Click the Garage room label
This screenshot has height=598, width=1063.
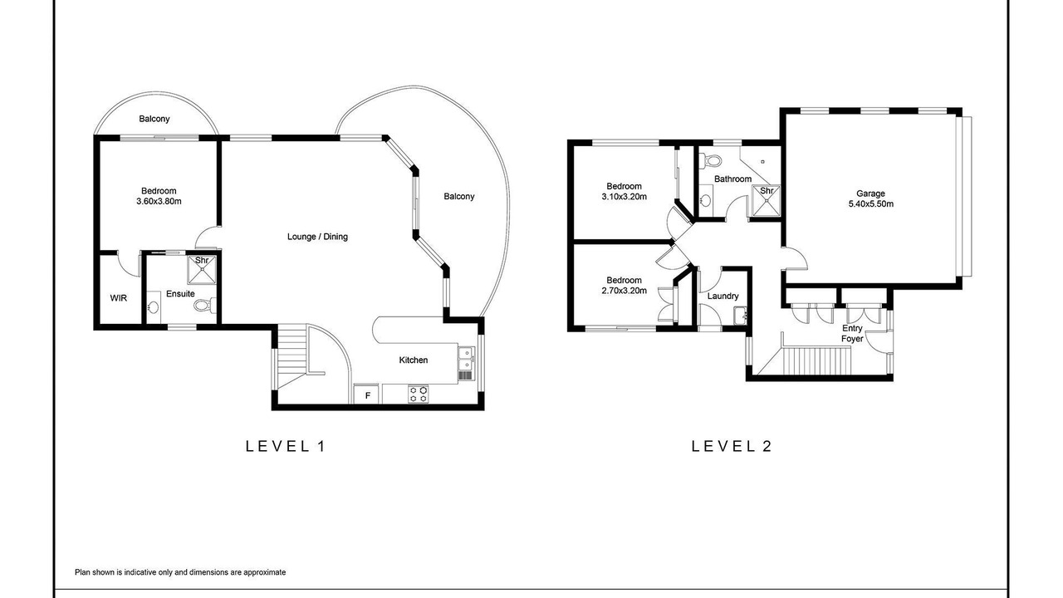(x=870, y=194)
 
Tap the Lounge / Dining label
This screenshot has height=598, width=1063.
(x=317, y=237)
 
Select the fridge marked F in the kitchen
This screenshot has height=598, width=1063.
(x=367, y=395)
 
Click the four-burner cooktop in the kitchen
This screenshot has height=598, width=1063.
(x=418, y=395)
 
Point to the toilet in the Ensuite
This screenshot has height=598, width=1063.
(x=205, y=305)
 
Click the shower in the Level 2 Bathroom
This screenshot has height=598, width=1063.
(x=766, y=201)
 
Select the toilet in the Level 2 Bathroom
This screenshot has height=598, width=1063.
(x=711, y=161)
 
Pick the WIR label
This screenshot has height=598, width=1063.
(x=119, y=298)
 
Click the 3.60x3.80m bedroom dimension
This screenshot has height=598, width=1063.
(x=159, y=201)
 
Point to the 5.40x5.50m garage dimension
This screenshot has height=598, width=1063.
(x=871, y=204)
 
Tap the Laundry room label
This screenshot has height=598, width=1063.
(x=723, y=297)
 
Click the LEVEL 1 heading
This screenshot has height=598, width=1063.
(x=285, y=446)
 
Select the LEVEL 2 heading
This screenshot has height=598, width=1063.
(x=732, y=446)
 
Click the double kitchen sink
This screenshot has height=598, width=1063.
(x=466, y=358)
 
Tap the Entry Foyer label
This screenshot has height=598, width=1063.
(x=852, y=333)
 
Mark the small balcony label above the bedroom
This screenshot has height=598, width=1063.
(x=154, y=119)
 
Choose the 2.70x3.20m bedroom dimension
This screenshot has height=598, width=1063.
(x=624, y=291)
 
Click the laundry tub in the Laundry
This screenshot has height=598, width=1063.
(x=739, y=316)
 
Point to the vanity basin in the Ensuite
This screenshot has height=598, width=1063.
(x=153, y=306)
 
